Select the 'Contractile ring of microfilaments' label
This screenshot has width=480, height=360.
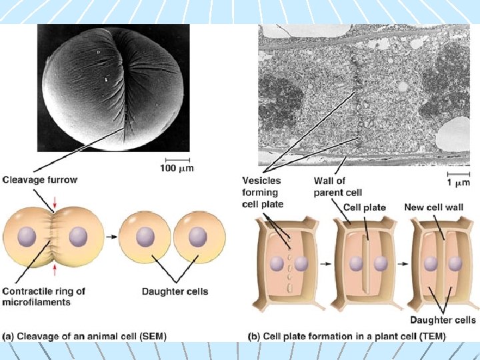pyautogui.click(x=44, y=296)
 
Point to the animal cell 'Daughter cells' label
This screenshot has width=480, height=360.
pyautogui.click(x=175, y=291)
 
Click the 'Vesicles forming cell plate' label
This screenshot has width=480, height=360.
pyautogui.click(x=262, y=192)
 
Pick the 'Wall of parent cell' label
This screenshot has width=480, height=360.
pyautogui.click(x=338, y=187)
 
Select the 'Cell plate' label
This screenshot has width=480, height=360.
pyautogui.click(x=365, y=207)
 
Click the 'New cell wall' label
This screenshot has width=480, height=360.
pyautogui.click(x=433, y=207)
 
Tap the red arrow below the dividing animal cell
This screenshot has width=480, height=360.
pyautogui.click(x=55, y=269)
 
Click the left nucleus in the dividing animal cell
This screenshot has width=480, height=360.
pyautogui.click(x=27, y=236)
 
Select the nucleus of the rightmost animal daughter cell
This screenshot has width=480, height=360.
pyautogui.click(x=198, y=237)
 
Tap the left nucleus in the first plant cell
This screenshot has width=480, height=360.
pyautogui.click(x=276, y=264)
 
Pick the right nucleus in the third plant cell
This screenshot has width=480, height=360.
pyautogui.click(x=455, y=264)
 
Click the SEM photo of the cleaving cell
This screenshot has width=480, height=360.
pyautogui.click(x=113, y=88)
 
